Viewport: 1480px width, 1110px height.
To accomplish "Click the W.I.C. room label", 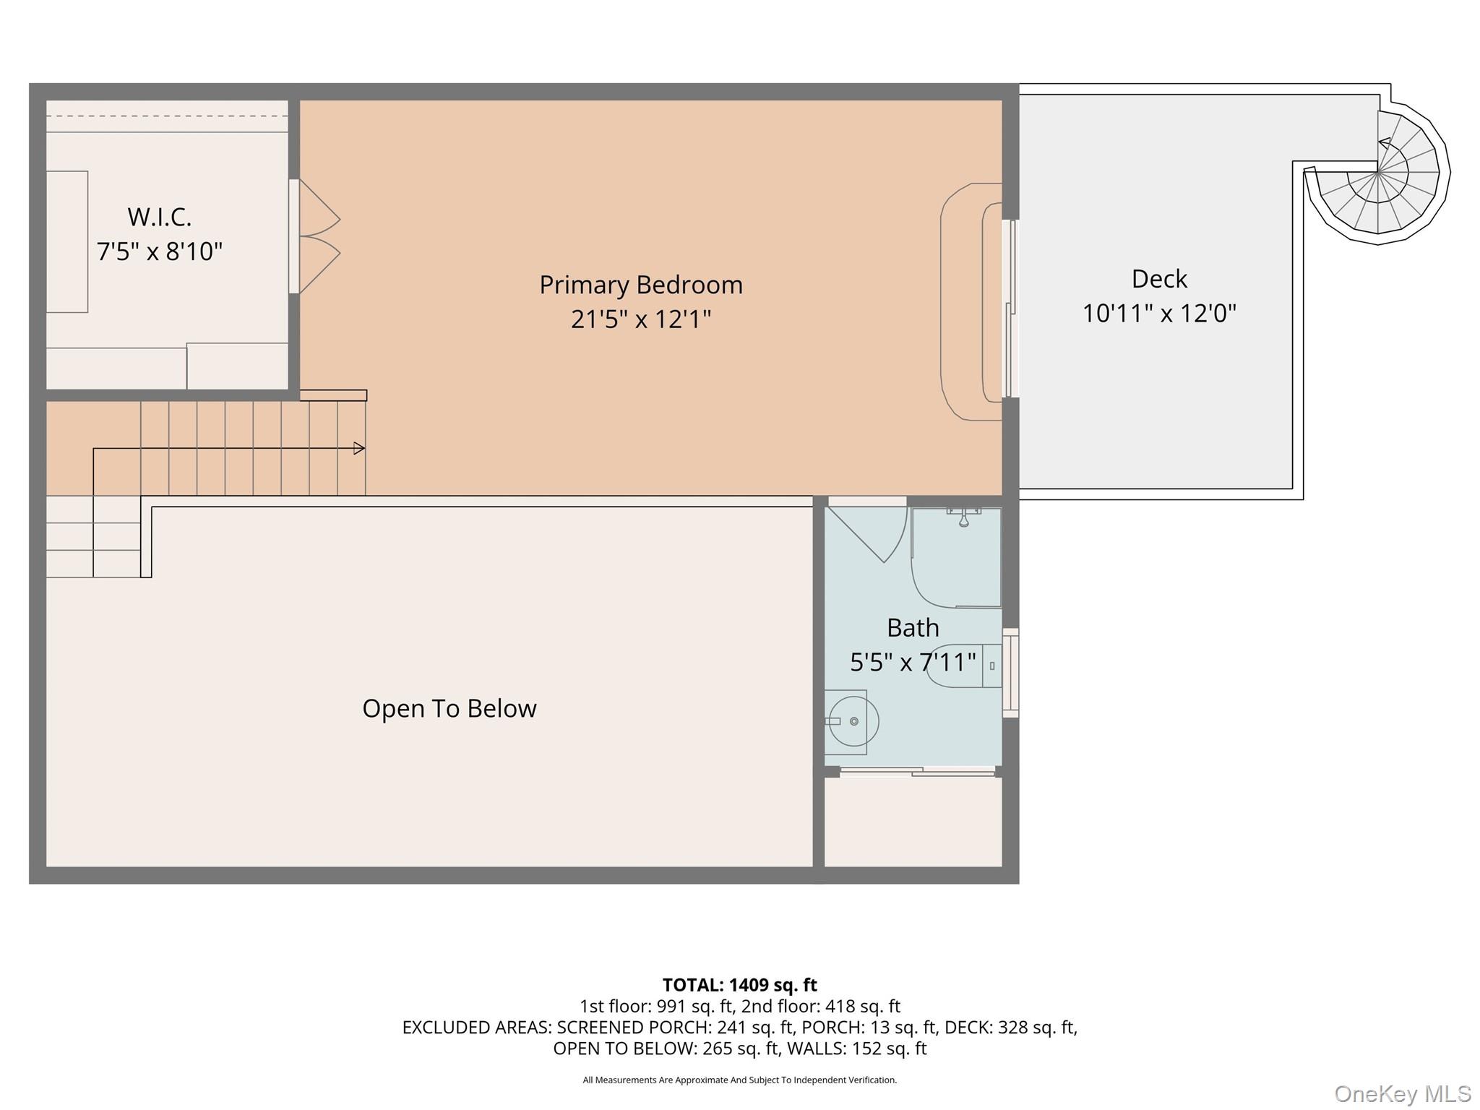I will pyautogui.click(x=159, y=217).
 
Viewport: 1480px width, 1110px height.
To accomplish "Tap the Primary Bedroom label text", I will pyautogui.click(x=641, y=285).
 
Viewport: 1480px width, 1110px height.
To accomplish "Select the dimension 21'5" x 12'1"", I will pyautogui.click(x=641, y=319).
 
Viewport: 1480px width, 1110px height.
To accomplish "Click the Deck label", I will pyautogui.click(x=1159, y=279).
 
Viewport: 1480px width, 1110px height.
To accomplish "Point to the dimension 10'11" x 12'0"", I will pyautogui.click(x=1159, y=314).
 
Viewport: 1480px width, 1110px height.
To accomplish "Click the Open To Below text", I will pyautogui.click(x=449, y=708).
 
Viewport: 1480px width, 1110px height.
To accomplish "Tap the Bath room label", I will pyautogui.click(x=913, y=627).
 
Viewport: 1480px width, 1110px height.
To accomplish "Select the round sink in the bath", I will pyautogui.click(x=853, y=720).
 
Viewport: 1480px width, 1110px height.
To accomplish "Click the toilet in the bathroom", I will pyautogui.click(x=961, y=665).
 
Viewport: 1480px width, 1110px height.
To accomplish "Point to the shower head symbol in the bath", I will pyautogui.click(x=963, y=519).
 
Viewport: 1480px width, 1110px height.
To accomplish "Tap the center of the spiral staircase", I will pyautogui.click(x=1378, y=173).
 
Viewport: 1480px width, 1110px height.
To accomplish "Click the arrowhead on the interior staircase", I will pyautogui.click(x=358, y=449).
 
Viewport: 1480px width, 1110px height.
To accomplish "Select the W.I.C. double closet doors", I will pyautogui.click(x=318, y=236).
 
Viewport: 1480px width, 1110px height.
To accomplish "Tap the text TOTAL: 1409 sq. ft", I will pyautogui.click(x=739, y=985).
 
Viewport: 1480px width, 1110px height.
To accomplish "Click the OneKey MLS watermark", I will pyautogui.click(x=1402, y=1094).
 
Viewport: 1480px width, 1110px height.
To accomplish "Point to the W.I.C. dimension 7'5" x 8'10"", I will pyautogui.click(x=159, y=251).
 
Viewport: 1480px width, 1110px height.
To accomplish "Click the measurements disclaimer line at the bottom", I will pyautogui.click(x=739, y=1080).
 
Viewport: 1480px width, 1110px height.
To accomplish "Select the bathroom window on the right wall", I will pyautogui.click(x=1011, y=673).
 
